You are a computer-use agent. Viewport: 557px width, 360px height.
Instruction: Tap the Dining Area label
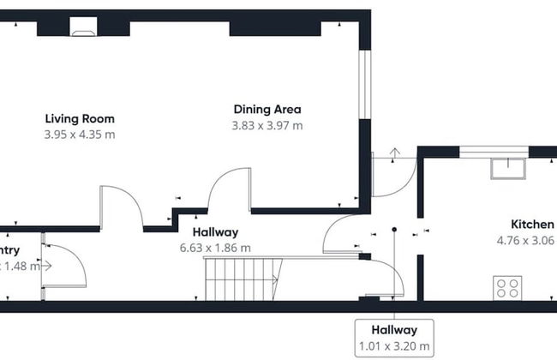click(267, 109)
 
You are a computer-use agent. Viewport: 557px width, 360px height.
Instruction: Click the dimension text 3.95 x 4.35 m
click(80, 135)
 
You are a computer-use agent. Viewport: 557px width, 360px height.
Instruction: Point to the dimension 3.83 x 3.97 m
click(267, 125)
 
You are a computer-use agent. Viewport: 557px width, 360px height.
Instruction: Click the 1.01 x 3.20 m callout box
click(393, 338)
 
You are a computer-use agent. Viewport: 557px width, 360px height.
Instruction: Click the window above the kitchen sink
click(494, 153)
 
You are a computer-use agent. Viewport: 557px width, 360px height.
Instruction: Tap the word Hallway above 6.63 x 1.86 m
click(215, 231)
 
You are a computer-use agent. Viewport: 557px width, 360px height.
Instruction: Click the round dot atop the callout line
click(394, 230)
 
